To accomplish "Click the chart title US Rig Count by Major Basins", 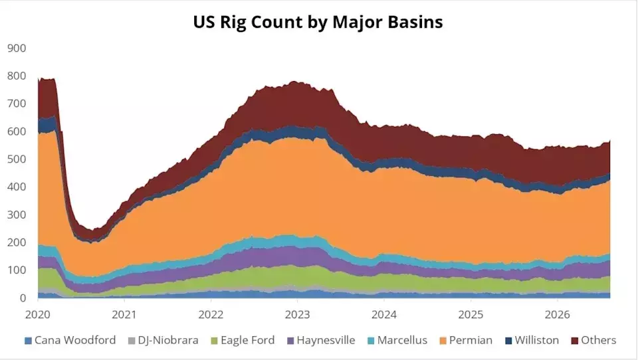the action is click(x=318, y=22).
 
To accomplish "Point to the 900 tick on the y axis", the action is click(x=17, y=48).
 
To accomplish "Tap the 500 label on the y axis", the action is click(x=17, y=159).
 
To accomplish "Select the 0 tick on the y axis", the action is click(x=23, y=298).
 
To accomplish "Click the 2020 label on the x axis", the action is click(x=37, y=314).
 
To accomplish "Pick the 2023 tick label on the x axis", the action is click(x=298, y=314).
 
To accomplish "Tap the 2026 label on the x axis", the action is click(x=558, y=314).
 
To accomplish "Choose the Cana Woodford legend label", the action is click(x=75, y=340).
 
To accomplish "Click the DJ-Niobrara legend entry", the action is click(x=168, y=340).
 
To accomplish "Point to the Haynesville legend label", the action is click(x=326, y=340).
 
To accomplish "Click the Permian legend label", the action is click(x=471, y=340).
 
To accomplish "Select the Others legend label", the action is click(x=599, y=340).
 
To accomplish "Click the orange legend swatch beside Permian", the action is click(x=443, y=341).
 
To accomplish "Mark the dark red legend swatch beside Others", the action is click(x=574, y=341).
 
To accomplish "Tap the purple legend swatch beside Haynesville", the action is click(x=290, y=341).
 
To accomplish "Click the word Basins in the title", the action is click(x=415, y=22).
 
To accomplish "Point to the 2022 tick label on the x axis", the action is click(x=211, y=314).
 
